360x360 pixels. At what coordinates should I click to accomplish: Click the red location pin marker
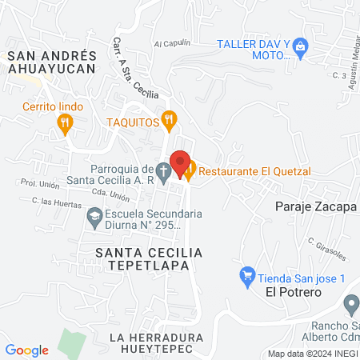pos(181,162)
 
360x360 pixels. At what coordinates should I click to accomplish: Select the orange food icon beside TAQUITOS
pos(168,121)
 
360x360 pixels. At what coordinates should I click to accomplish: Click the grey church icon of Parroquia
pos(162,170)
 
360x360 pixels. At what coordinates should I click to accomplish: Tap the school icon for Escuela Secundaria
pos(94,215)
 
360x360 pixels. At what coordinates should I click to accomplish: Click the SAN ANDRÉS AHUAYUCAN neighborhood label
pos(51,62)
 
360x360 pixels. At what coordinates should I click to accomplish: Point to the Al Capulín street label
pos(170,42)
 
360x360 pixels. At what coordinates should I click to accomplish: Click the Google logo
pos(27,350)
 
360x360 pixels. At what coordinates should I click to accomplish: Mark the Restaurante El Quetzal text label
pos(255,170)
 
